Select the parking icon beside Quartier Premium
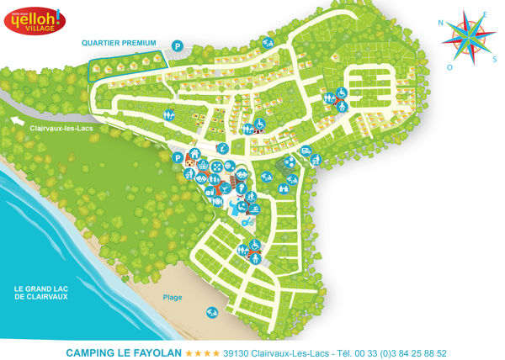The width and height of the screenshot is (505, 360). [x=177, y=45]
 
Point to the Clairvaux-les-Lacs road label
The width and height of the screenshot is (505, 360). [x=61, y=128]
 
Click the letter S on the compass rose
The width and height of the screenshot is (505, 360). [x=492, y=59]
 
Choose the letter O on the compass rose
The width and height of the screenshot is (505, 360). [x=449, y=66]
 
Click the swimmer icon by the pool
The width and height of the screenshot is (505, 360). [x=252, y=206]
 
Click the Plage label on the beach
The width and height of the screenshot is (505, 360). [x=173, y=297]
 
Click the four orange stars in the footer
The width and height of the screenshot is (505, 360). [x=203, y=353]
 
